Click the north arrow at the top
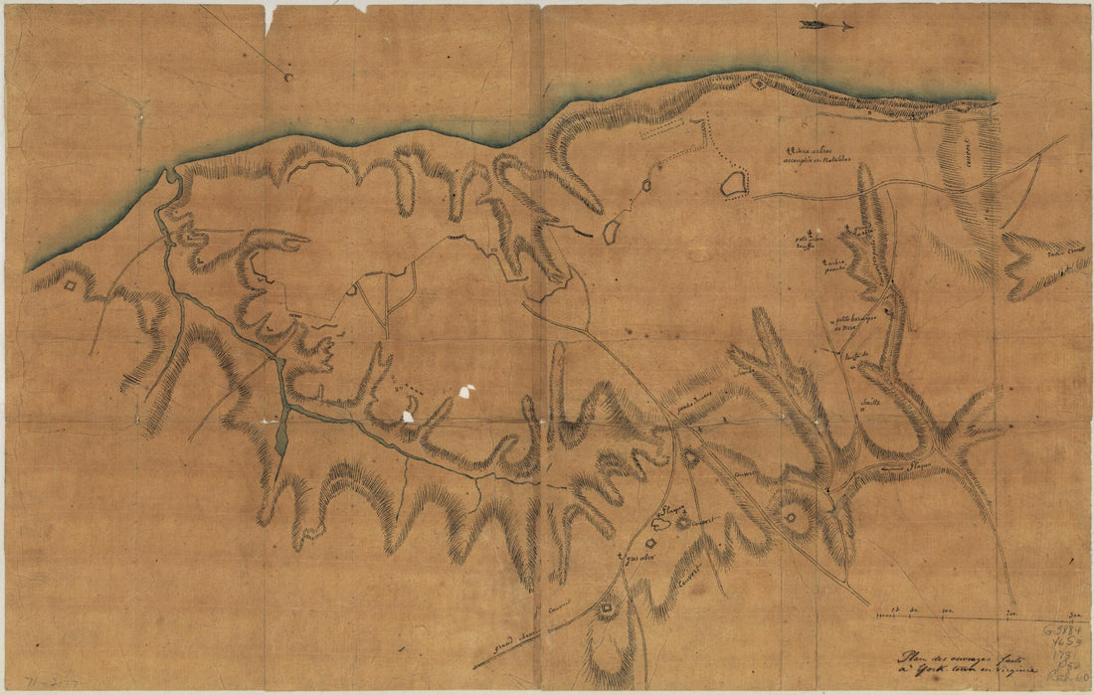point(825,25)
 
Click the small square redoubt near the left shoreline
point(72,286)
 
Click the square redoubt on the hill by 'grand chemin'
point(605,608)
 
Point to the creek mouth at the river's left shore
point(172,176)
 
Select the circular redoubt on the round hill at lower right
point(792,516)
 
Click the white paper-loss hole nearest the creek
point(408,416)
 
